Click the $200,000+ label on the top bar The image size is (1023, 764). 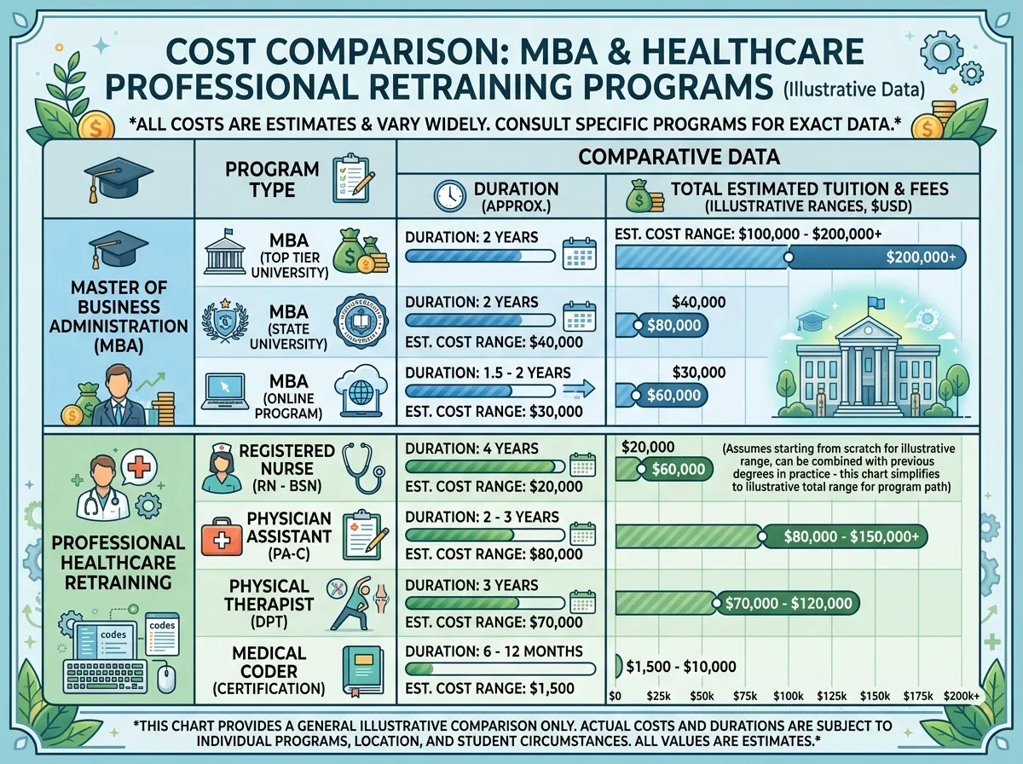921,257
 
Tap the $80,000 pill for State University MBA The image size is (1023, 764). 673,325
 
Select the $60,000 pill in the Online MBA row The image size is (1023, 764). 673,396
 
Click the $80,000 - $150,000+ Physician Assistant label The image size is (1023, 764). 851,536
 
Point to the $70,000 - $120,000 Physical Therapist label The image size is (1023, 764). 789,603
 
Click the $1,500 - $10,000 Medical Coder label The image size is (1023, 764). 681,667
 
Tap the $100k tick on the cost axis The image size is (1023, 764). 788,696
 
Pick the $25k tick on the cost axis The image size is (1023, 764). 658,696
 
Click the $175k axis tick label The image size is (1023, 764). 918,696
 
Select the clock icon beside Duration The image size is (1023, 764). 450,196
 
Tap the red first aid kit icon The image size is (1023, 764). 222,536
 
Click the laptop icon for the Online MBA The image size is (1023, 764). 225,392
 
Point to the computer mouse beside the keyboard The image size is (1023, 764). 166,679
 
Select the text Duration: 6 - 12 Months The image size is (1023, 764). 494,651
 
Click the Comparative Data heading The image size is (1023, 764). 679,157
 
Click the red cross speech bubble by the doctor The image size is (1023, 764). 138,467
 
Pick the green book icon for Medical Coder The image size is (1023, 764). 363,671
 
